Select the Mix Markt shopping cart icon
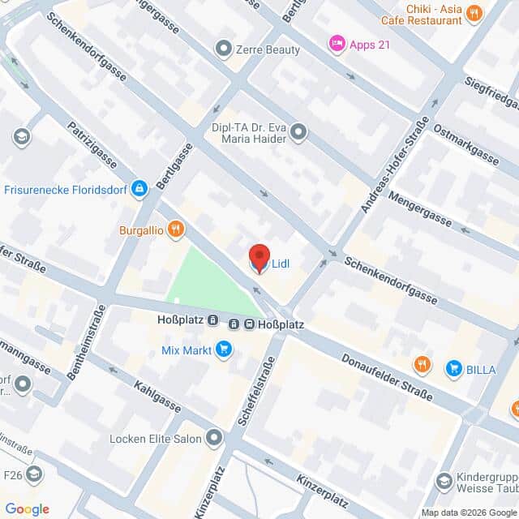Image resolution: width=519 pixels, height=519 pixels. (x=224, y=350)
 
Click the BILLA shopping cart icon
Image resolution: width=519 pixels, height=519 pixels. (x=453, y=367)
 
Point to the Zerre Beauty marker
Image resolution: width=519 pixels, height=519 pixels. (x=222, y=49)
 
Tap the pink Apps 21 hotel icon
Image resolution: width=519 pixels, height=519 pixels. (x=336, y=44)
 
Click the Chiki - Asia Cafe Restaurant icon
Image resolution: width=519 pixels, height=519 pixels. (x=474, y=12)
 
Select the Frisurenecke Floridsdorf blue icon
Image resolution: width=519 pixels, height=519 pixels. (x=139, y=188)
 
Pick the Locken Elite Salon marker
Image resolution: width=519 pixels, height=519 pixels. (x=214, y=439)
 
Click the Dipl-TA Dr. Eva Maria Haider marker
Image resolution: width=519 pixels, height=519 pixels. (x=299, y=131)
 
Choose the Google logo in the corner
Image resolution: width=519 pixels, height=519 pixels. (x=27, y=508)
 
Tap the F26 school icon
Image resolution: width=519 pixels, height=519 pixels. (x=34, y=474)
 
